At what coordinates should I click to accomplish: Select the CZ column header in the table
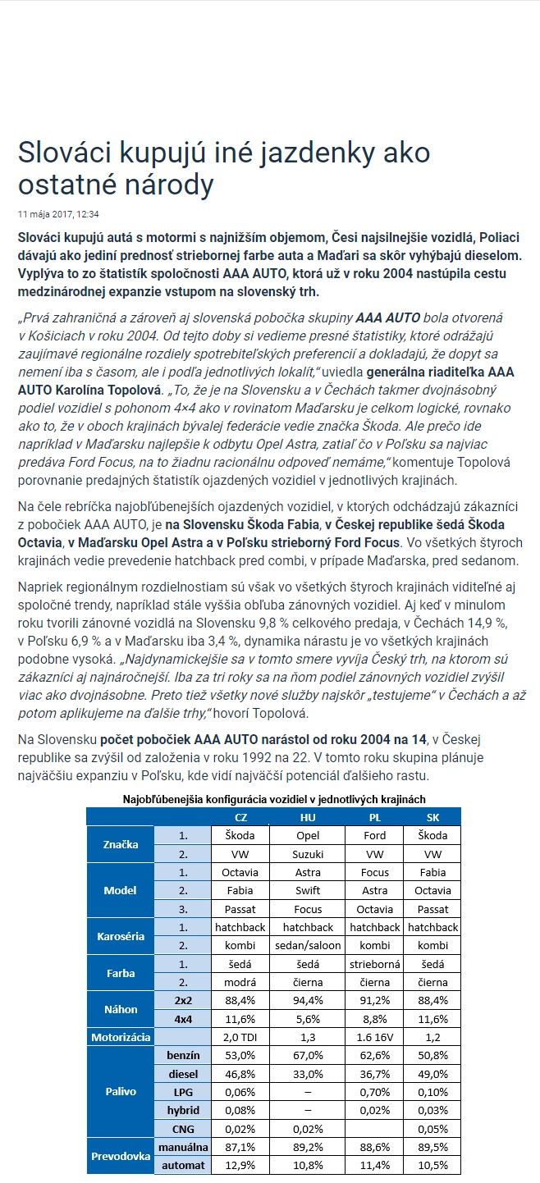[240, 817]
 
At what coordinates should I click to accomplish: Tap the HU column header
[308, 817]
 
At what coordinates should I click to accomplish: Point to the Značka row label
[121, 844]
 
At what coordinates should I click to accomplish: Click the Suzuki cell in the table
[308, 853]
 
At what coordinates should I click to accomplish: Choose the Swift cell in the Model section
[308, 890]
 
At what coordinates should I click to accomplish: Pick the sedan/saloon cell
[308, 945]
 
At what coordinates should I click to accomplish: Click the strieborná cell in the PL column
[374, 964]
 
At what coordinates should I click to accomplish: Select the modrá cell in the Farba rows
[240, 982]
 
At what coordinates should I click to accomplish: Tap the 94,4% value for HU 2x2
[308, 1000]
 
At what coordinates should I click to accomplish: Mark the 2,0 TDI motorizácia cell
[240, 1037]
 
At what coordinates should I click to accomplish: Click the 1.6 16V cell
[374, 1037]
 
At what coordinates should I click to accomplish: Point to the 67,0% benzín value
[308, 1055]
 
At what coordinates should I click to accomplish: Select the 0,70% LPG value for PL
[374, 1092]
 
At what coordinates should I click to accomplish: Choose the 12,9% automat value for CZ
[240, 1165]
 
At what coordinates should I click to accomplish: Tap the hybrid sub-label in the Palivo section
[183, 1110]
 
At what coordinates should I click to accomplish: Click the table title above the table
[274, 798]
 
